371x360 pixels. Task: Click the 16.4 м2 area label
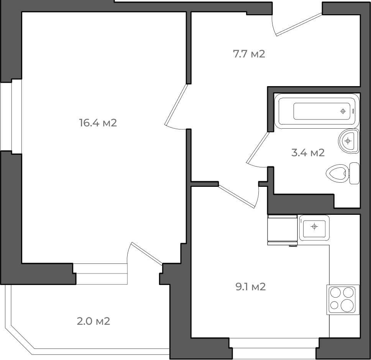[x=98, y=123]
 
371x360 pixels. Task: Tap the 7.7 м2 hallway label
[x=249, y=54]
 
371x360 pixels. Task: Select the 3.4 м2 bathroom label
[x=308, y=153]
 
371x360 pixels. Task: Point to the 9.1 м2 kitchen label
[x=251, y=287]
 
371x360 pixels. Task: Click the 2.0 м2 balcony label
[x=94, y=321]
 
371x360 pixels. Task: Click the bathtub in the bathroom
[x=317, y=111]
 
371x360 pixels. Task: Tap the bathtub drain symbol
[x=343, y=111]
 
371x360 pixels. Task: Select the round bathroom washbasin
[x=349, y=141]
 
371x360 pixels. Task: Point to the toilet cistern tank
[x=355, y=173]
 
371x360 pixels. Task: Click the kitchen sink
[x=314, y=227]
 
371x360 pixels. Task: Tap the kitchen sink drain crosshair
[x=314, y=227]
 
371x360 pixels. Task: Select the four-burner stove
[x=343, y=299]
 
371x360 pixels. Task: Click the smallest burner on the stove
[x=334, y=305]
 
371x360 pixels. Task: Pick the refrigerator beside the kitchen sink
[x=282, y=230]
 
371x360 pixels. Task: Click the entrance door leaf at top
[x=299, y=25]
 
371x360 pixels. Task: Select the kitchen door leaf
[x=236, y=196]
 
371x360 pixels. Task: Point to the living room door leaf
[x=176, y=105]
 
